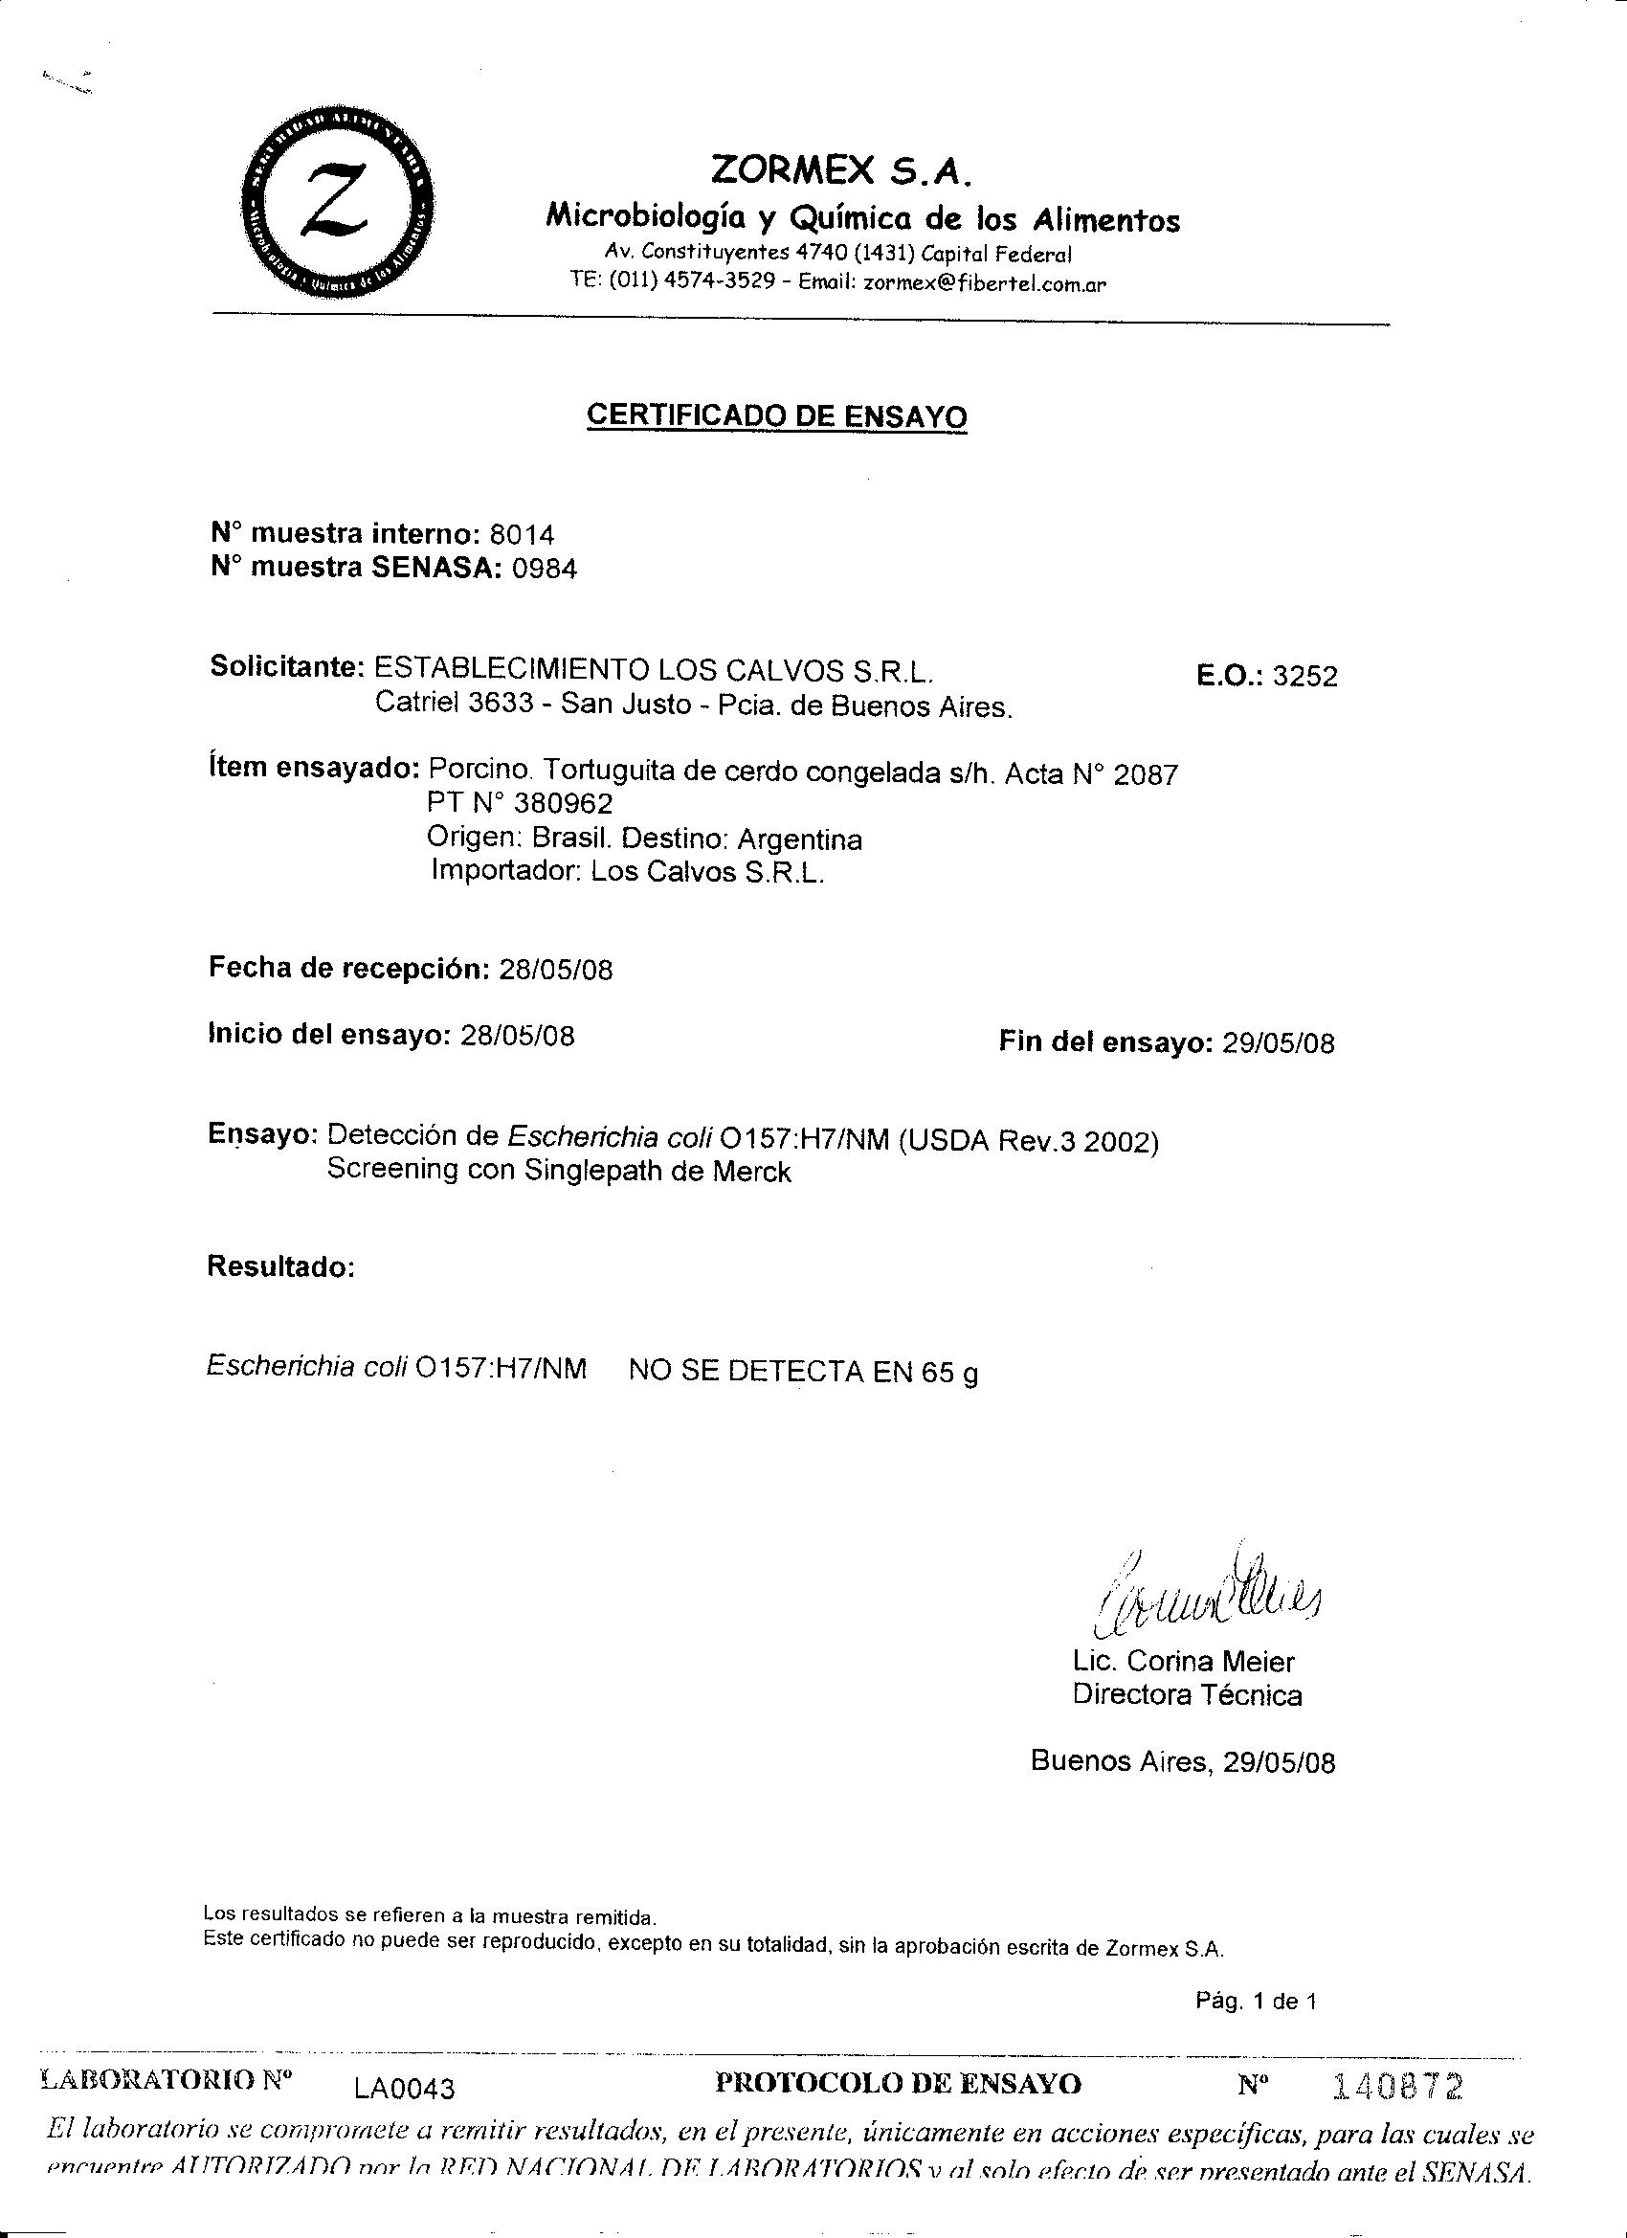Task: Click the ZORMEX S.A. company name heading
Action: coord(841,170)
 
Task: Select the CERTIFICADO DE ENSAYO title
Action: coord(776,415)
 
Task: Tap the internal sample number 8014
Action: coord(522,535)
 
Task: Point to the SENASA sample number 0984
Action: coord(544,570)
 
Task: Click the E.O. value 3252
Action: coord(1305,677)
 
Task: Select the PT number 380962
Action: coord(563,804)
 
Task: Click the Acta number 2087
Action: coord(1146,774)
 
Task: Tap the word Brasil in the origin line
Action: coord(562,839)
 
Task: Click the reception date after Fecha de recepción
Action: coord(555,970)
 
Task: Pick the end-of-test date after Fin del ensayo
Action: coord(1278,1043)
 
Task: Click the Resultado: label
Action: coord(280,1266)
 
